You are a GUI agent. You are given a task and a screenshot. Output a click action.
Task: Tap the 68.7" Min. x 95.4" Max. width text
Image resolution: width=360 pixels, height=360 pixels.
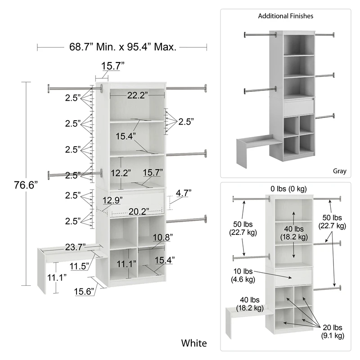(121, 46)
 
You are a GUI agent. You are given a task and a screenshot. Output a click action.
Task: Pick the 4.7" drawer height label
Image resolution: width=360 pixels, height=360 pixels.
(184, 193)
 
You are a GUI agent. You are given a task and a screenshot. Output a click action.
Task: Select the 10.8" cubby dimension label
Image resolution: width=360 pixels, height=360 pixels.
(162, 237)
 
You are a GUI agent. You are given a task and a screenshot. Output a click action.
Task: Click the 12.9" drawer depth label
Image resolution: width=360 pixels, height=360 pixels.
(112, 200)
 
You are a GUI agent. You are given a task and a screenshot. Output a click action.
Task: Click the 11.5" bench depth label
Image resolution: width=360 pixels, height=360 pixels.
(79, 266)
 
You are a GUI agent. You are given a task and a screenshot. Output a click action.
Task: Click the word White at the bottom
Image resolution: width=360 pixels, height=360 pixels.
(194, 343)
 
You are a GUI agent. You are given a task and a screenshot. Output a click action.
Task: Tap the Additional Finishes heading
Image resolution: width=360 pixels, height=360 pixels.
(285, 16)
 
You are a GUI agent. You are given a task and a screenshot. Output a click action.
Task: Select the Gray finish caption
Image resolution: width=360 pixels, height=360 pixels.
(339, 171)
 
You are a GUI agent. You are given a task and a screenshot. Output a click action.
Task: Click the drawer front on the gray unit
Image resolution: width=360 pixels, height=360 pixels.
(298, 107)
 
